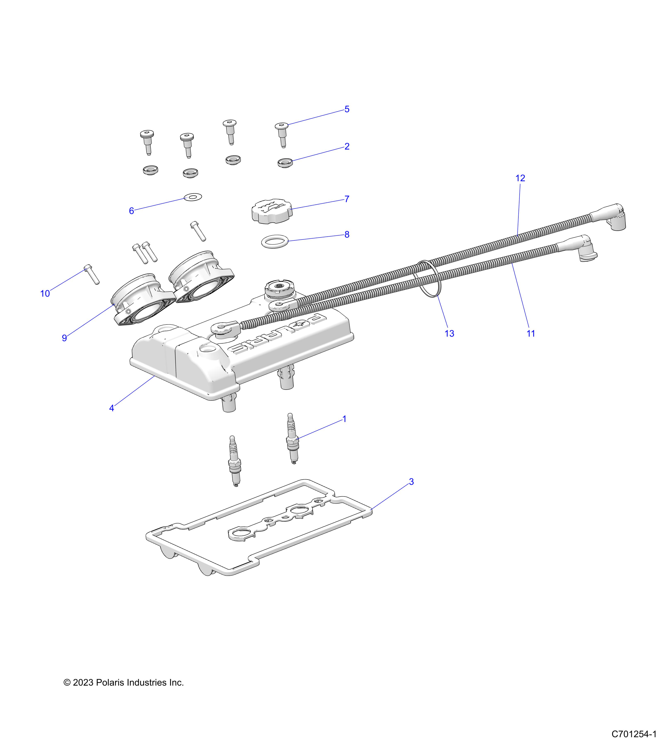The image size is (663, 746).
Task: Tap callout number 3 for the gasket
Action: [x=411, y=482]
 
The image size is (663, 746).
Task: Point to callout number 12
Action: [x=520, y=178]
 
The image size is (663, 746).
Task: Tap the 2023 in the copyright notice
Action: [x=83, y=683]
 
